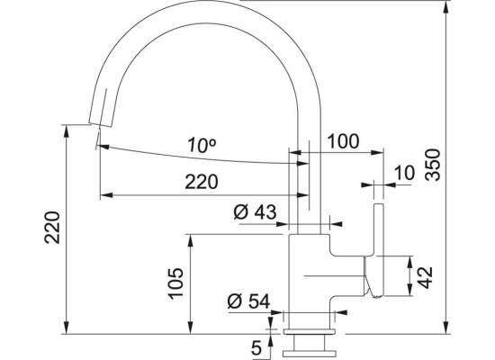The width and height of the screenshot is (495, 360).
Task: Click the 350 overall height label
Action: [432, 165]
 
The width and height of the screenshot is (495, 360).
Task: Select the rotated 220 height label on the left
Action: [52, 228]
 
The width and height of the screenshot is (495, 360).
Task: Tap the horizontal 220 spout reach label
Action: [202, 182]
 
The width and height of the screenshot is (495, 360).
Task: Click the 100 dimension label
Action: [344, 141]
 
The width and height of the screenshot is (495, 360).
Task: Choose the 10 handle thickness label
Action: [404, 173]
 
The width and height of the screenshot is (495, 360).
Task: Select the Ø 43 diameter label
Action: [255, 211]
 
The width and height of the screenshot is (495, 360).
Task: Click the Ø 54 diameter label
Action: [248, 301]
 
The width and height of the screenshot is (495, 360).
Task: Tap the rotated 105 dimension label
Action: [175, 283]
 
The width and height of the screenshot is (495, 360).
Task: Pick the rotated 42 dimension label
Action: [427, 278]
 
